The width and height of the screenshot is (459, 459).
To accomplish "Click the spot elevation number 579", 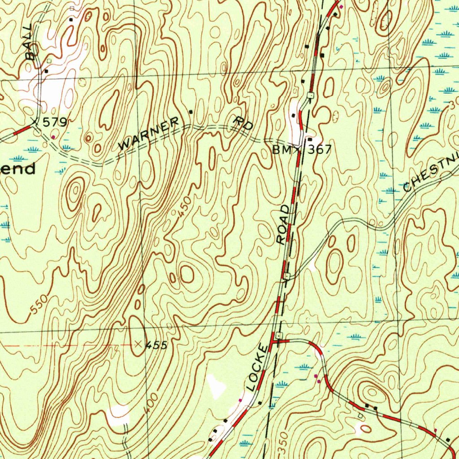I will pyautogui.click(x=54, y=122).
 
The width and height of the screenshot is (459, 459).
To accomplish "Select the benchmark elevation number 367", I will pyautogui.click(x=319, y=150).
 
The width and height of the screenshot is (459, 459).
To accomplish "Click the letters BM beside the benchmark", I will pyautogui.click(x=281, y=150).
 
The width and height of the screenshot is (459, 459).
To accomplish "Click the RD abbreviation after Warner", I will pyautogui.click(x=244, y=123).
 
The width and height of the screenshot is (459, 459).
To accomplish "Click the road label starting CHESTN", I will pyautogui.click(x=430, y=174).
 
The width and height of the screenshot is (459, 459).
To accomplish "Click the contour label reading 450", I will pyautogui.click(x=184, y=208).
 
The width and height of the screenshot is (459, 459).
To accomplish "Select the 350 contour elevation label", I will pyautogui.click(x=281, y=440).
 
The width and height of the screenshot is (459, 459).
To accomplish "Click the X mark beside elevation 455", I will pyautogui.click(x=138, y=344).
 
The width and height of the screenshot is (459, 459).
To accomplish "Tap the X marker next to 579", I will pyautogui.click(x=36, y=121).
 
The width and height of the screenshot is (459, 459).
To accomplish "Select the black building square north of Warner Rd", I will pyautogui.click(x=191, y=111).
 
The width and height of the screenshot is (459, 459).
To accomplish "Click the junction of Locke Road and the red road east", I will pyautogui.click(x=274, y=342).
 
